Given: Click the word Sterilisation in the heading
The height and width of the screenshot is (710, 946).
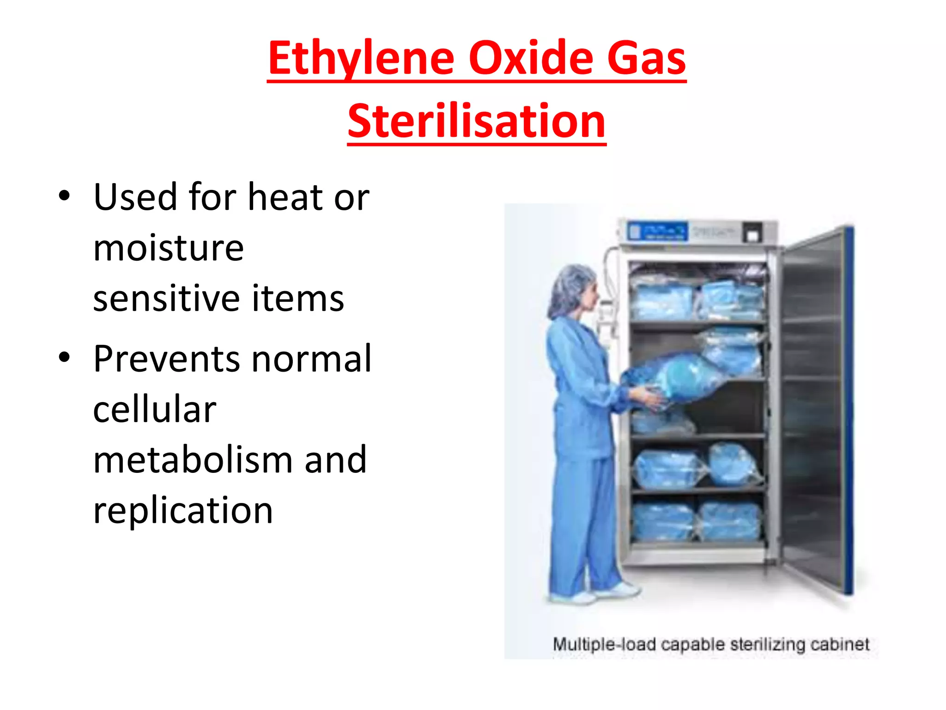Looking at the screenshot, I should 476,121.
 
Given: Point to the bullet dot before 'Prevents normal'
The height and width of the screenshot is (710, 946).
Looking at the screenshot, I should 64,357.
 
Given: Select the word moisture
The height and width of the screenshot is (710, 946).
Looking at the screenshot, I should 168,248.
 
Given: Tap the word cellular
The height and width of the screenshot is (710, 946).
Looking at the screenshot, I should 154,410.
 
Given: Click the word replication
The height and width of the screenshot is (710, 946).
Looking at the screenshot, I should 183,511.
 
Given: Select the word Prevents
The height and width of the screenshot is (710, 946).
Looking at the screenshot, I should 166,359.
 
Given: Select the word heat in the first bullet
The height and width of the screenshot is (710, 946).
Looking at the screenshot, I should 285,197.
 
